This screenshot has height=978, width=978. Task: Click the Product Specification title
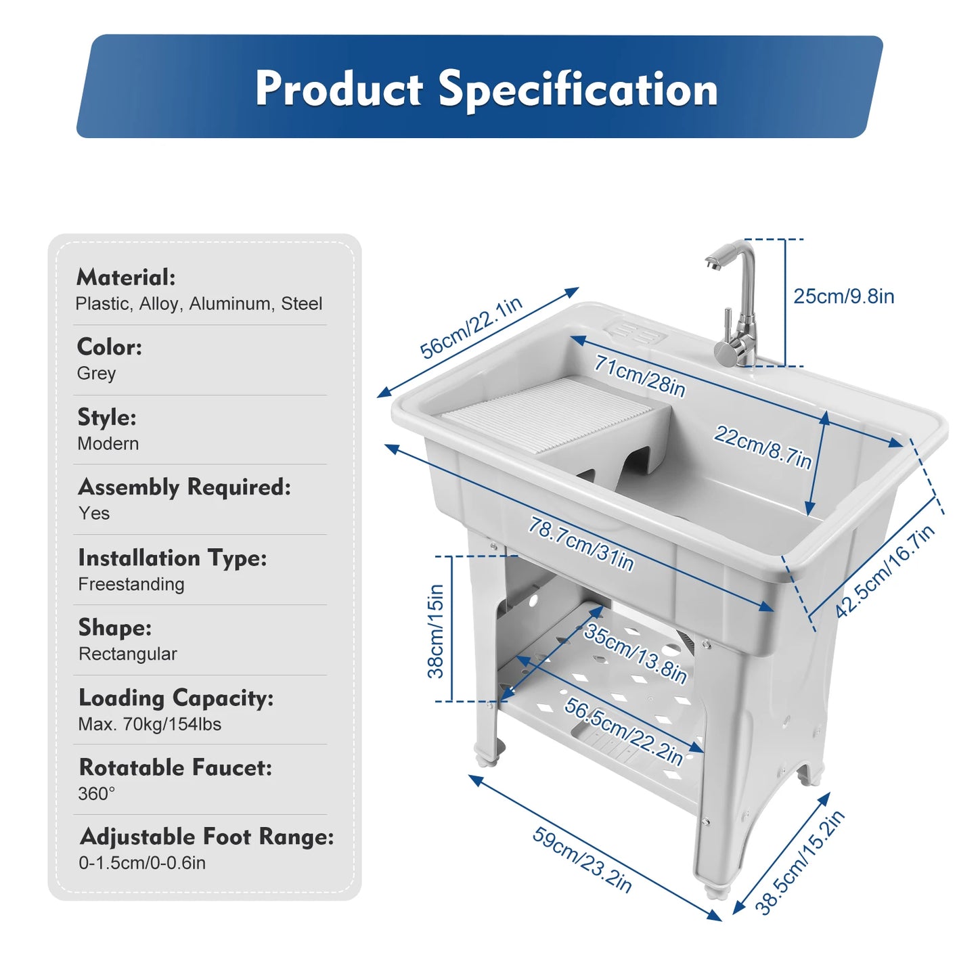pos(486,89)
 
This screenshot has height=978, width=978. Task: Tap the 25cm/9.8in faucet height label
pos(843,296)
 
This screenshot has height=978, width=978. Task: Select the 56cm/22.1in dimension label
pos(471,328)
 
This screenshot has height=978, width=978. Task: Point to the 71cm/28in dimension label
pos(640,376)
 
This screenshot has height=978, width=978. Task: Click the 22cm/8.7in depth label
pos(762,447)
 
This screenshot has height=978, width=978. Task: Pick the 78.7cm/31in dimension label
pos(581,544)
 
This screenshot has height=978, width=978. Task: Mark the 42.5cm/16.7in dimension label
pos(885,572)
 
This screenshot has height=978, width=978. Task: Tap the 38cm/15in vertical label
pos(436,631)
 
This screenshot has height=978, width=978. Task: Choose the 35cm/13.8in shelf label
pos(636,653)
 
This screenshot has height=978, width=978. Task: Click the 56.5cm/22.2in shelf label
pos(623,732)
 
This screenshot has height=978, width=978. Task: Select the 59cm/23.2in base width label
pos(582,859)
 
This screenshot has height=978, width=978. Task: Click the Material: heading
pos(126,277)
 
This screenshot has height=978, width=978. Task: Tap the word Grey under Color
pos(96,374)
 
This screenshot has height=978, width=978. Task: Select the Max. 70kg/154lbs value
pos(150,724)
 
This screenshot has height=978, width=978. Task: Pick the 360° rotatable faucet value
pos(96,794)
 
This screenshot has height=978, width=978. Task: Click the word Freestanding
pos(131,584)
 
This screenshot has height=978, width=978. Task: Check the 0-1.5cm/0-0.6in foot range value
pos(142,863)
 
